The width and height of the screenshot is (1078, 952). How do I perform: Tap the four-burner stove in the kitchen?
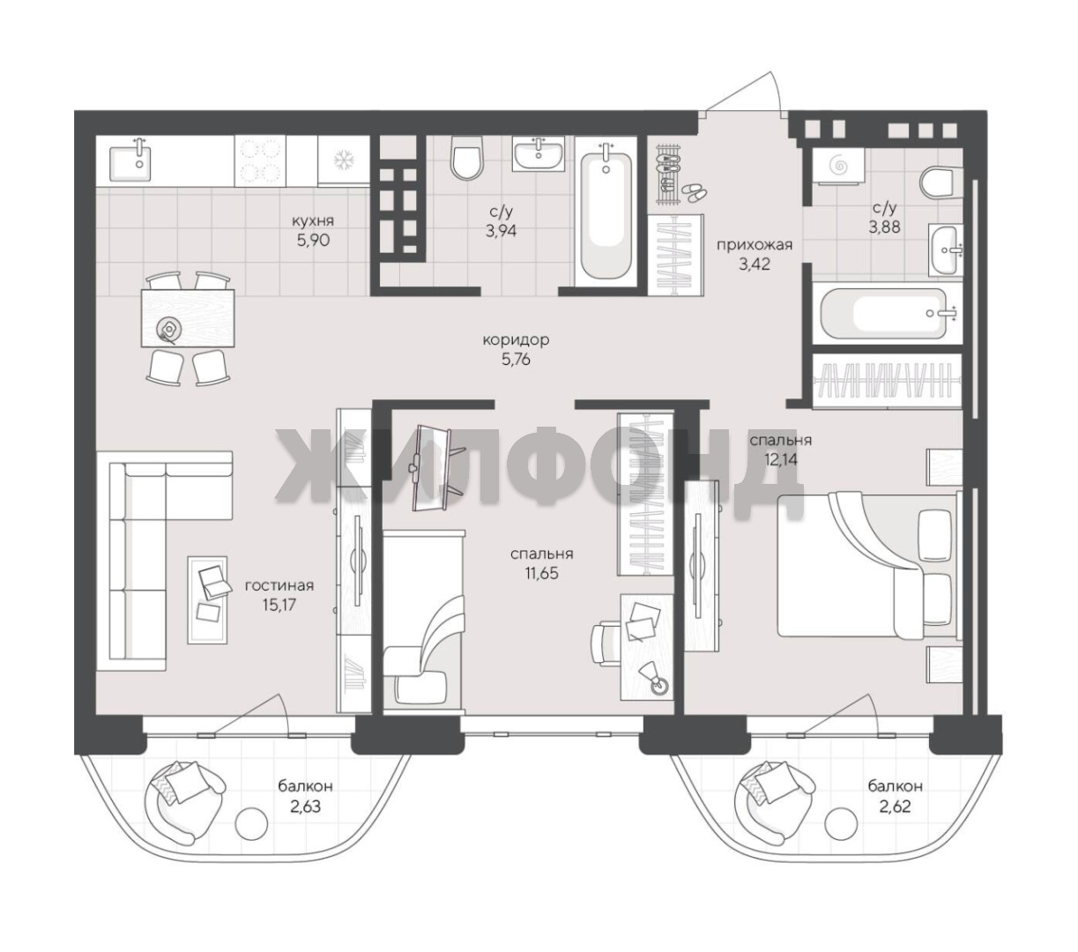[260, 160]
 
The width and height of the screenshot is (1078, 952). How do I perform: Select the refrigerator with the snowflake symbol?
[343, 160]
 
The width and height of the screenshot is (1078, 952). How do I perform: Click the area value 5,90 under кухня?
[313, 240]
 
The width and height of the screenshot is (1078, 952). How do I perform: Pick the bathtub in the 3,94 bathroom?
[606, 212]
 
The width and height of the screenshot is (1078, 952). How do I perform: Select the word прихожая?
[754, 245]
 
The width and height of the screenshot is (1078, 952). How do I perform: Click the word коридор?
[516, 339]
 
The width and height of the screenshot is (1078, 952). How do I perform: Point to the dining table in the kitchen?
[188, 317]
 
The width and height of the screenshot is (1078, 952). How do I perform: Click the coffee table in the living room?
[207, 599]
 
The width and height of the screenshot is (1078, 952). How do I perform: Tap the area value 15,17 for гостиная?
[279, 605]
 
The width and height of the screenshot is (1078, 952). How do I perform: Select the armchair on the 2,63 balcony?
[184, 802]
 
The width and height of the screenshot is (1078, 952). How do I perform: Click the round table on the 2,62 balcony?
[841, 824]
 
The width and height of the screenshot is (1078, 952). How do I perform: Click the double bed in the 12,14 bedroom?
[868, 566]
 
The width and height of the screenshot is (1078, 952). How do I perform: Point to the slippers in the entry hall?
[692, 193]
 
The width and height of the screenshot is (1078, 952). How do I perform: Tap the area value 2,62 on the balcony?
[895, 807]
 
